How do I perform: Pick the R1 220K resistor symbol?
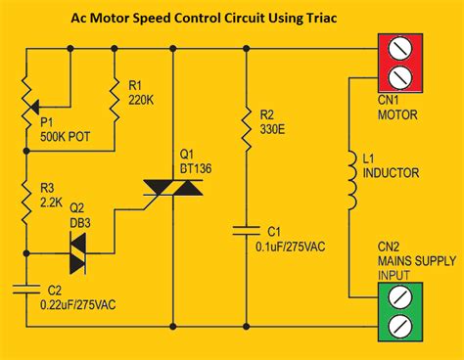click(116, 98)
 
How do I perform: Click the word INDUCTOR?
click(393, 174)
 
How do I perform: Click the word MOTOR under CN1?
click(397, 113)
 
